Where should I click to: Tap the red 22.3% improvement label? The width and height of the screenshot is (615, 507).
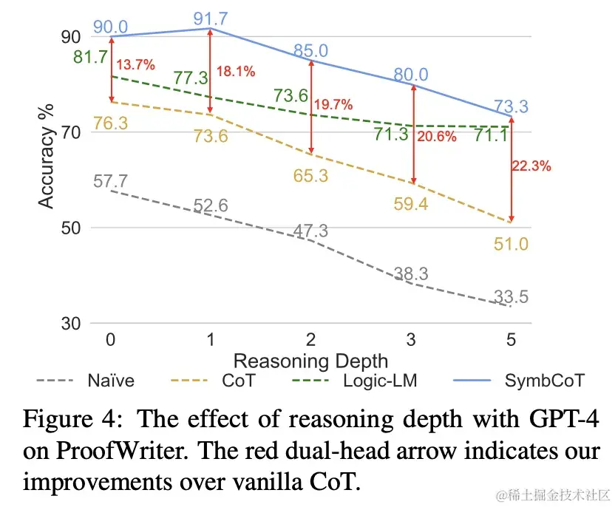point(531,166)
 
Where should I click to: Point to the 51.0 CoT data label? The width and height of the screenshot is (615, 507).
point(512,243)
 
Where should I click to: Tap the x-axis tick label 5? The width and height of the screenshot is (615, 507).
point(511,341)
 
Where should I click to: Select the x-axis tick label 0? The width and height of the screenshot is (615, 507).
point(111,341)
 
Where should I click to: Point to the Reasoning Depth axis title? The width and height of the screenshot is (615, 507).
point(310,361)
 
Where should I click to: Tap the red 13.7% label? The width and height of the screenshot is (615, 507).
point(135,65)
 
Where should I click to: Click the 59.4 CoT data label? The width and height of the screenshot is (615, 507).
point(411,204)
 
